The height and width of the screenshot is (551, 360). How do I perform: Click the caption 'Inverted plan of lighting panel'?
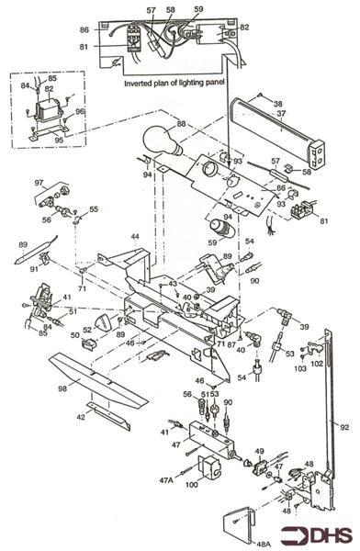click(x=176, y=83)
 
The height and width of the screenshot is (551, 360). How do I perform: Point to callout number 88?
click(x=182, y=123)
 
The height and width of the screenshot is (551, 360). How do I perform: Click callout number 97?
click(x=39, y=184)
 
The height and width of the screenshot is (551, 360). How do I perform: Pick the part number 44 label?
click(x=134, y=237)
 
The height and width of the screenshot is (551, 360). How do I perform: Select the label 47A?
click(x=167, y=479)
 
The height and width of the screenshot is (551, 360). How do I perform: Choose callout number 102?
click(x=318, y=364)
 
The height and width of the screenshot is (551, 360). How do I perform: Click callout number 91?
click(x=34, y=269)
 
